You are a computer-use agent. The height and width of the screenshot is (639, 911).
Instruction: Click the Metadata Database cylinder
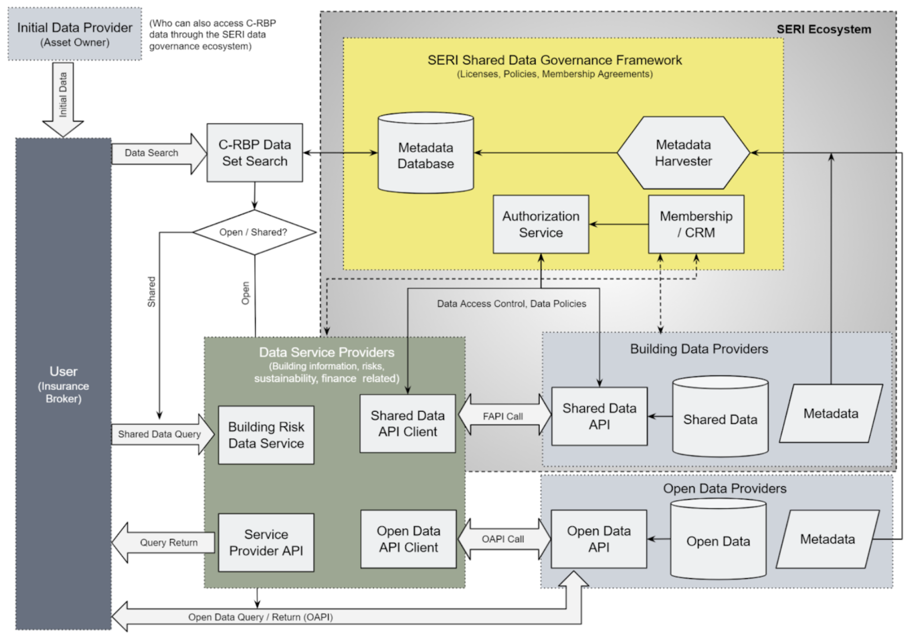coord(425,153)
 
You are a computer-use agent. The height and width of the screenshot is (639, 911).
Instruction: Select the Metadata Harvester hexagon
coord(684,153)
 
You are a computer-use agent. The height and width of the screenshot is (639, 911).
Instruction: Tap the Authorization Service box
coord(541,224)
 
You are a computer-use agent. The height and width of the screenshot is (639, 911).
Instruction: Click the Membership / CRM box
coord(696,224)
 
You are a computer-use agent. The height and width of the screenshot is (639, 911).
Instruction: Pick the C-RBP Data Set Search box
coord(255,153)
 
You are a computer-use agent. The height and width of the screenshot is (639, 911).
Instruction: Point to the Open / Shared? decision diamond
coord(255,232)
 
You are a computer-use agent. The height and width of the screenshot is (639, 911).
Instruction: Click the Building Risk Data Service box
coord(266,435)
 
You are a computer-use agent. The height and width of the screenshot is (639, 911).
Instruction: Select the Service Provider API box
coord(266,542)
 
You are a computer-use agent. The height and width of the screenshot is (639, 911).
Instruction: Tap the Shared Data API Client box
coord(407,424)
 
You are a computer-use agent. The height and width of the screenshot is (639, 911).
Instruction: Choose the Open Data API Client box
coord(408,539)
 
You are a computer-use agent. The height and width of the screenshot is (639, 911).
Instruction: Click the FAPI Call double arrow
coord(504,416)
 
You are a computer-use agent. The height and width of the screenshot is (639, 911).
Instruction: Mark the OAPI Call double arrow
coord(504,539)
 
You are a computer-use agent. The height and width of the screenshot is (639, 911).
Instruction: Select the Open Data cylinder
coord(718,539)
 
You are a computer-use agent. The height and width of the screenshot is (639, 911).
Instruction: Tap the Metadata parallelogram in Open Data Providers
coord(828,539)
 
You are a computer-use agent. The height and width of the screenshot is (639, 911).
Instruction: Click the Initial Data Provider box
coord(75,34)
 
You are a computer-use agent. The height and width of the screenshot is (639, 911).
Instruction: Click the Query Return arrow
coord(163,542)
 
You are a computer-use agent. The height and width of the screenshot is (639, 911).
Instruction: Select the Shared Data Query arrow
coord(163,434)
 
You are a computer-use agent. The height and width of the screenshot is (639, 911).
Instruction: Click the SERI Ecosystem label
coord(824,29)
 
